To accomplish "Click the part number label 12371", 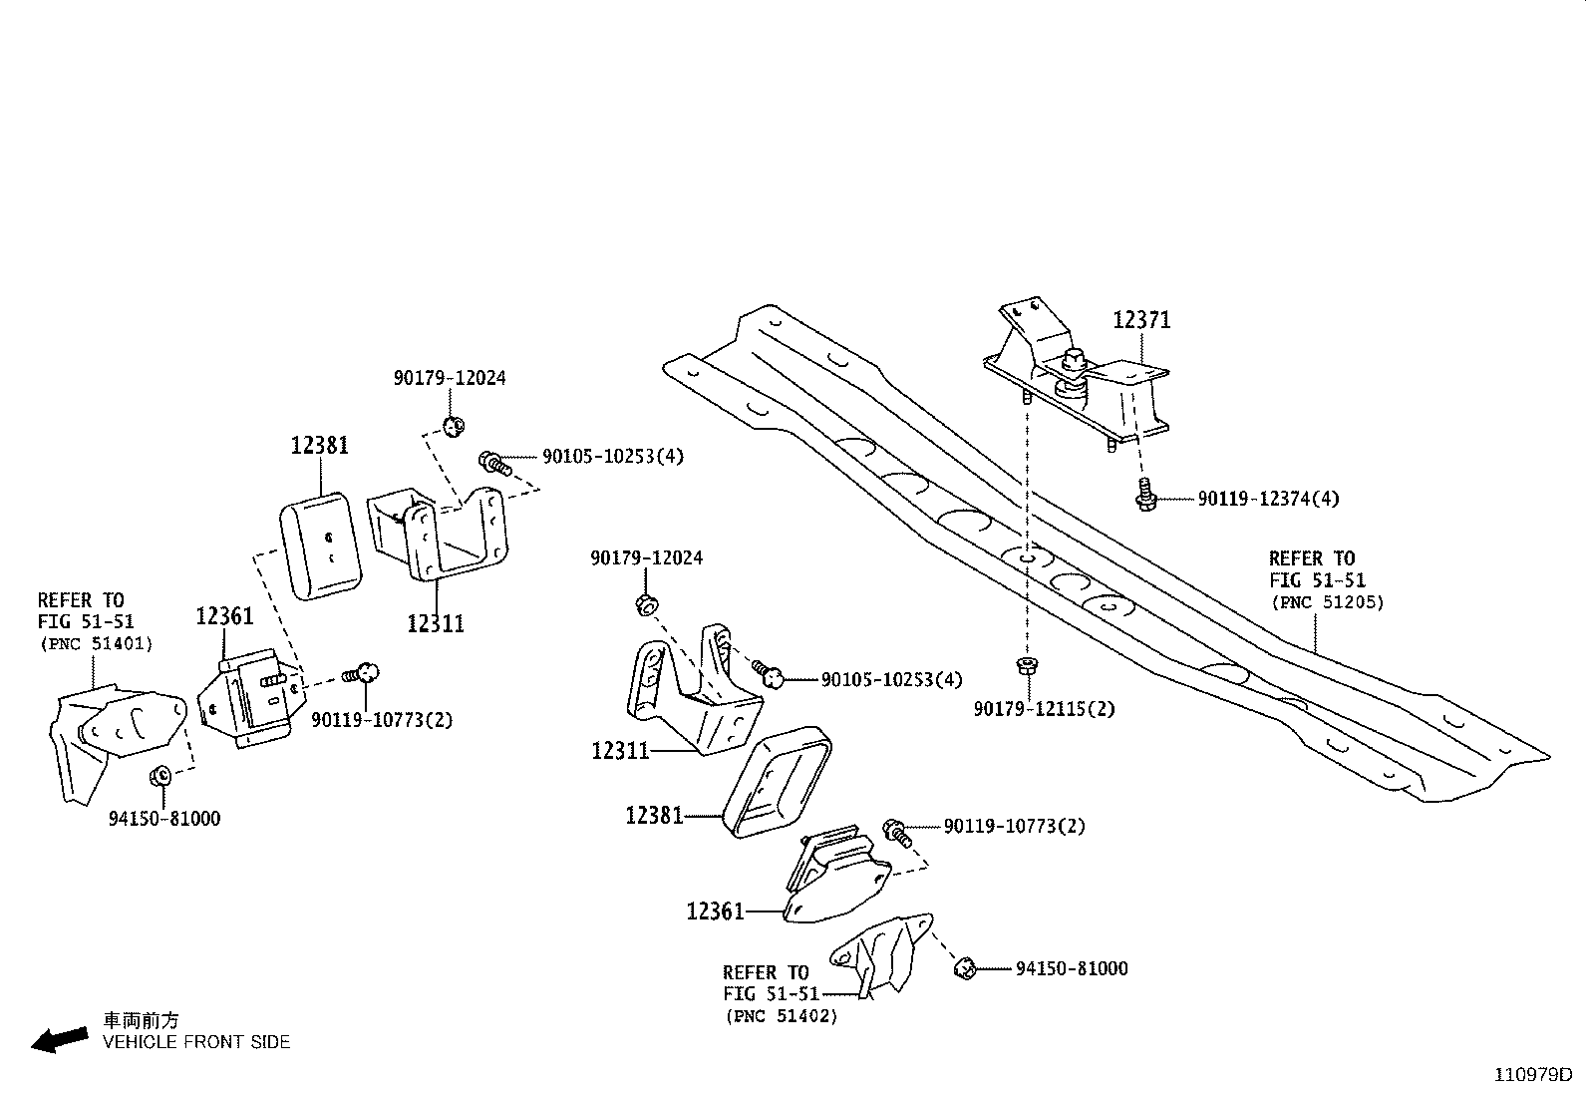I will click(x=1141, y=320).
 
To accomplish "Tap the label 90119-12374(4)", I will click(x=1268, y=499).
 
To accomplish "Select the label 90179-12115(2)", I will click(x=1044, y=709).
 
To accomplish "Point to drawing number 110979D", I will click(x=1532, y=1075).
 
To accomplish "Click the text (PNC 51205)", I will click(x=1327, y=602).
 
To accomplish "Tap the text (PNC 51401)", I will click(x=96, y=644).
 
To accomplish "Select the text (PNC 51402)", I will click(x=781, y=1016).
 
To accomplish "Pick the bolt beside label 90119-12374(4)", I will click(x=1146, y=495).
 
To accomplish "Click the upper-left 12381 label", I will click(x=320, y=445).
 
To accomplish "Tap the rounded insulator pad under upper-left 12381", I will click(x=321, y=547).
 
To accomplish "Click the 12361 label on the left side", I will click(x=224, y=616).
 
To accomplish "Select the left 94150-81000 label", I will click(x=164, y=819).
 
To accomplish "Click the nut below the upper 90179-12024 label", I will click(x=454, y=427).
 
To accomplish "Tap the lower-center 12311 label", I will click(x=620, y=750).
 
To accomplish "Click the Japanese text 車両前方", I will click(x=141, y=1020).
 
